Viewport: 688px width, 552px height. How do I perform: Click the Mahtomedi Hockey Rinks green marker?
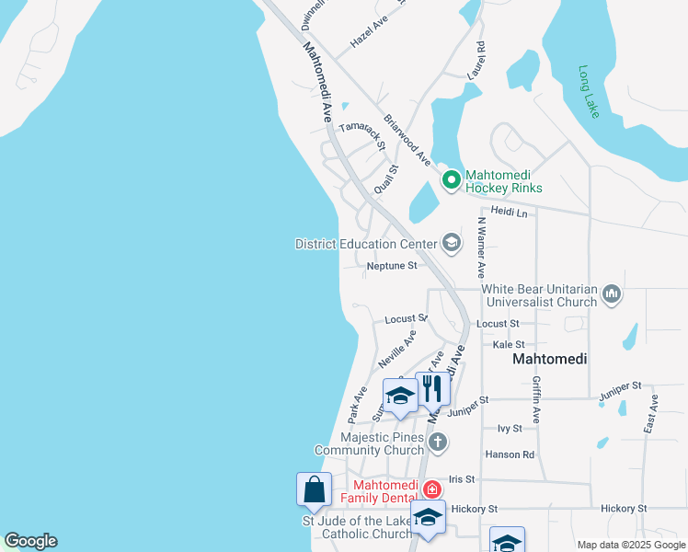451,179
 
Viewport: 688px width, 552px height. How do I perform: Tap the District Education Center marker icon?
451,243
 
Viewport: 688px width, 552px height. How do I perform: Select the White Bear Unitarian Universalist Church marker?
613,295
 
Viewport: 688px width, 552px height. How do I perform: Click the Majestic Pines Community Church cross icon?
438,442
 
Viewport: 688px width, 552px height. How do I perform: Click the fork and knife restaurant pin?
432,389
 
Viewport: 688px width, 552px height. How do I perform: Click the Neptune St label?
392,266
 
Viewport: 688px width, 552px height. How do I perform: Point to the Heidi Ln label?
509,213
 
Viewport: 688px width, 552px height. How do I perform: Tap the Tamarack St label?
361,135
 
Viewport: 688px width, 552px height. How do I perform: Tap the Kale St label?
508,344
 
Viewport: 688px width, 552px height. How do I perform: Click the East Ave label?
652,414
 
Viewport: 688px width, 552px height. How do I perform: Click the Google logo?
30,541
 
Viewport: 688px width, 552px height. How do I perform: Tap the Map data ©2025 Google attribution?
631,545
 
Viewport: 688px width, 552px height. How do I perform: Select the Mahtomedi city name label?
549,359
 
